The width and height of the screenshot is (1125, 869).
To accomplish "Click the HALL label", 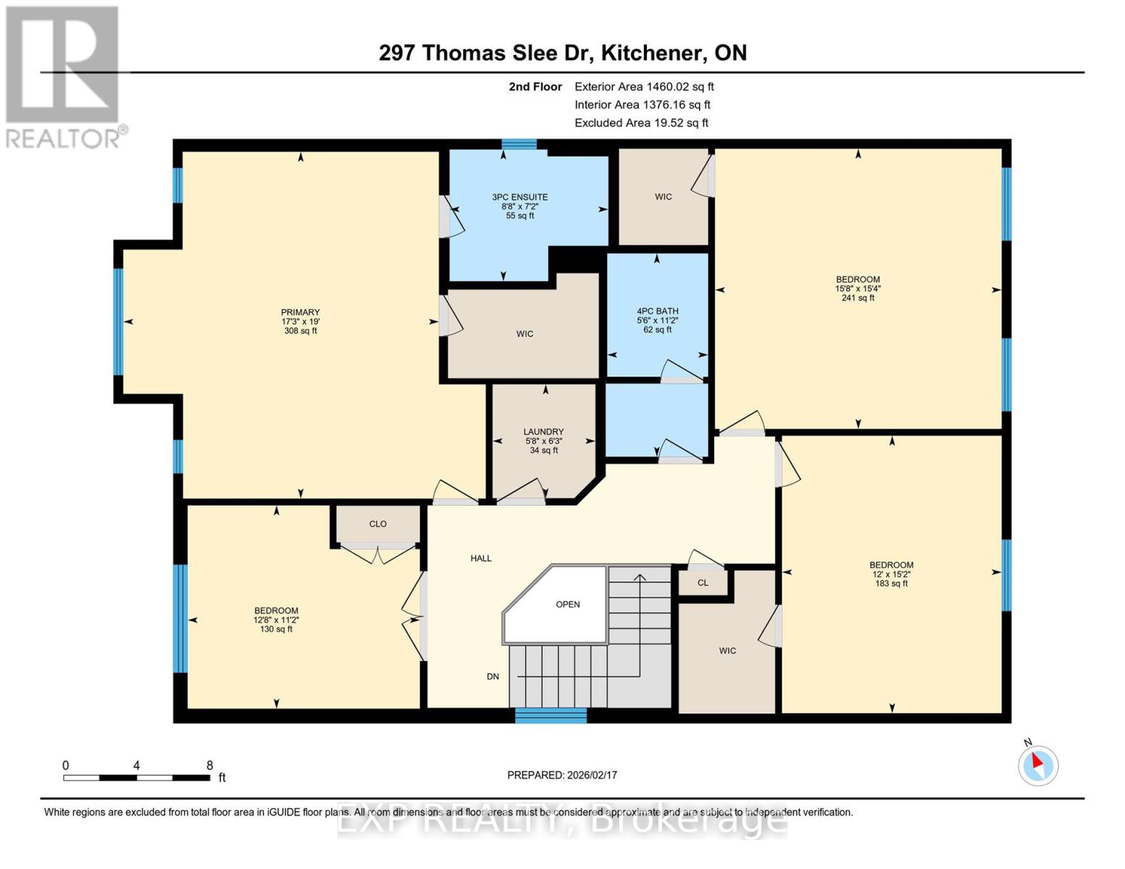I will coord(481,558).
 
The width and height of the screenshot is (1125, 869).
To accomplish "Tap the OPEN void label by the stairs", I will coord(568,604).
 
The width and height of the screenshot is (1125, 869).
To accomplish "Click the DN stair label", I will coord(493,676).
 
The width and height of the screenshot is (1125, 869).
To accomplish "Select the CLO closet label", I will coord(377,524).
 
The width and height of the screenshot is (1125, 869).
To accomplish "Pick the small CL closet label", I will coord(703,582).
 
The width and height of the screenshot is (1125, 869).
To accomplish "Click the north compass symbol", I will coord(1037,765).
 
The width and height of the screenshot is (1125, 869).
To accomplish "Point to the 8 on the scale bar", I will coord(209,765).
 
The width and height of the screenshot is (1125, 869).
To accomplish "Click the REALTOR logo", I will coord(64,76).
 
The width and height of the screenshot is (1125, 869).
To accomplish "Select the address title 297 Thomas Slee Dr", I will coord(562,53).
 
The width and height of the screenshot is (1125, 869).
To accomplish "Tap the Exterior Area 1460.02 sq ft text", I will coord(644,86).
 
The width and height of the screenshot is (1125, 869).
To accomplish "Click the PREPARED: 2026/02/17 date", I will coord(562,775).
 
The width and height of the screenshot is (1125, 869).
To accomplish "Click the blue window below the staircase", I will coord(551,715).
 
